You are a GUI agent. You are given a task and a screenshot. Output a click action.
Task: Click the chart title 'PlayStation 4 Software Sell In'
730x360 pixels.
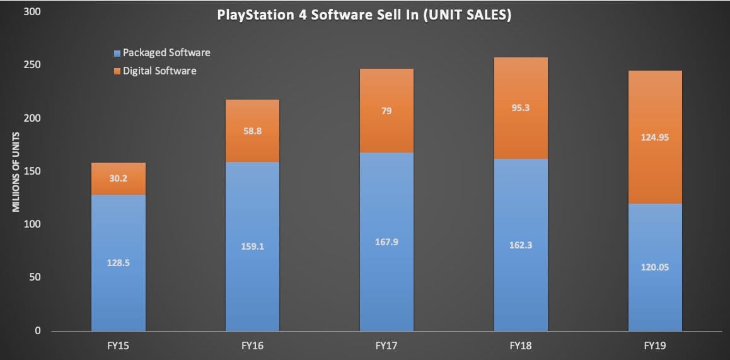pyautogui.click(x=364, y=15)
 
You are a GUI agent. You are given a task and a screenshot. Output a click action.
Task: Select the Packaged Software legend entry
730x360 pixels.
pyautogui.click(x=161, y=53)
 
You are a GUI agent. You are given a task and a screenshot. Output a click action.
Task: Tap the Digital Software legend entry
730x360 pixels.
pyautogui.click(x=154, y=71)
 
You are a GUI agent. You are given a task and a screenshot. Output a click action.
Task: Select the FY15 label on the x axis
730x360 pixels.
pyautogui.click(x=118, y=345)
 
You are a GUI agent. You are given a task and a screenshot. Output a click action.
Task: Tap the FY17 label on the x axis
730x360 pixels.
pyautogui.click(x=386, y=345)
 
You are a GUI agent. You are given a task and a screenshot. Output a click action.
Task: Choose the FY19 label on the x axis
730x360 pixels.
pyautogui.click(x=655, y=345)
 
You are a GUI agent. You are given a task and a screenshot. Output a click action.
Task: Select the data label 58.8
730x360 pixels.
pyautogui.click(x=252, y=132)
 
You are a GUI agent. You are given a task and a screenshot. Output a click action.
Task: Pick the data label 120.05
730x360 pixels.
pyautogui.click(x=655, y=267)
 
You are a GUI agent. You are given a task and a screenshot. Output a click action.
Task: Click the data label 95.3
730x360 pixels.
pyautogui.click(x=521, y=107)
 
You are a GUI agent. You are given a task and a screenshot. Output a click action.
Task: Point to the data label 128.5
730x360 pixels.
pyautogui.click(x=118, y=262)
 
